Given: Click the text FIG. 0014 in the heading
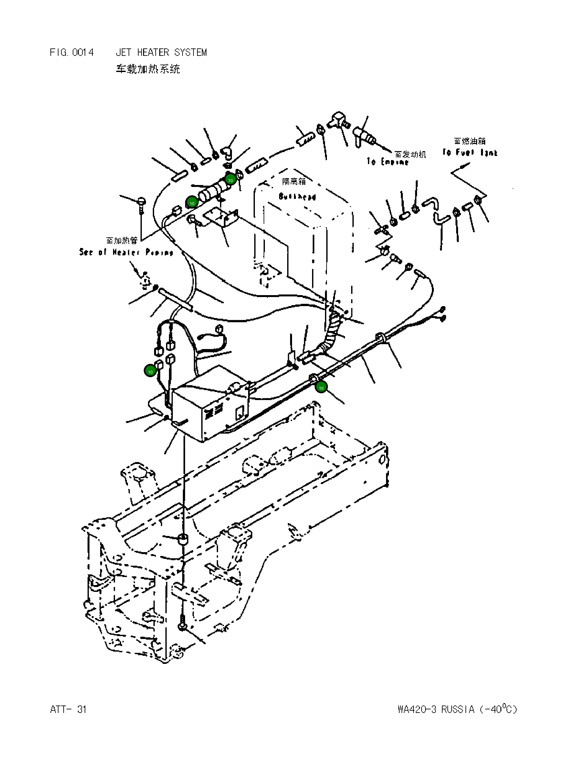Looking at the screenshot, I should pos(71,52).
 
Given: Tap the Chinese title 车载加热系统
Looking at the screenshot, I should pos(148,69).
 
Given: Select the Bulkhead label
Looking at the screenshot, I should pos(297,197).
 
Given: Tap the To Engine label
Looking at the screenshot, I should pos(388,162).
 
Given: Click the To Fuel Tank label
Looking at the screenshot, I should pos(470,152).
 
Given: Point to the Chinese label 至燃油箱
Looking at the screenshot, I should pos(470,141).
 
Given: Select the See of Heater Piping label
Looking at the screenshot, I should pos(126,252).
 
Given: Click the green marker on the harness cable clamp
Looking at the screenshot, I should pos(321,388).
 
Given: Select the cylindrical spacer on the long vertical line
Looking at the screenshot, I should pos(184,541).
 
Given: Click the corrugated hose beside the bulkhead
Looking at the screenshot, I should pos(333,328).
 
